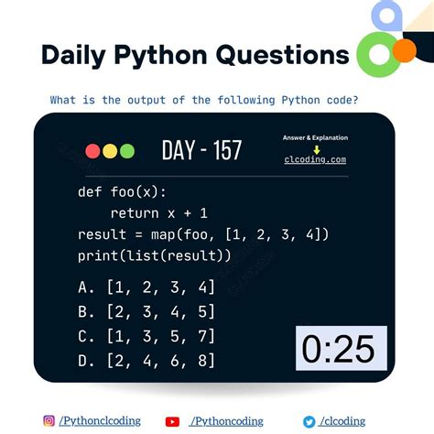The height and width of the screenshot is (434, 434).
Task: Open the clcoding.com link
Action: [x=315, y=159]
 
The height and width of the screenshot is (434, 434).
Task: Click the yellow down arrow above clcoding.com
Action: [x=315, y=148]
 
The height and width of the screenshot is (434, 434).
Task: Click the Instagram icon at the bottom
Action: [x=49, y=420]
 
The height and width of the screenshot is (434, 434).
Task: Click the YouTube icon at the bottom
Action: [x=172, y=420]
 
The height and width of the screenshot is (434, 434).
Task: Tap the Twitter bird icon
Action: [x=309, y=420]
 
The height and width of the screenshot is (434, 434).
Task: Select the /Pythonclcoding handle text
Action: [x=100, y=420]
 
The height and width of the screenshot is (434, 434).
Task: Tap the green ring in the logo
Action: [x=376, y=55]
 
